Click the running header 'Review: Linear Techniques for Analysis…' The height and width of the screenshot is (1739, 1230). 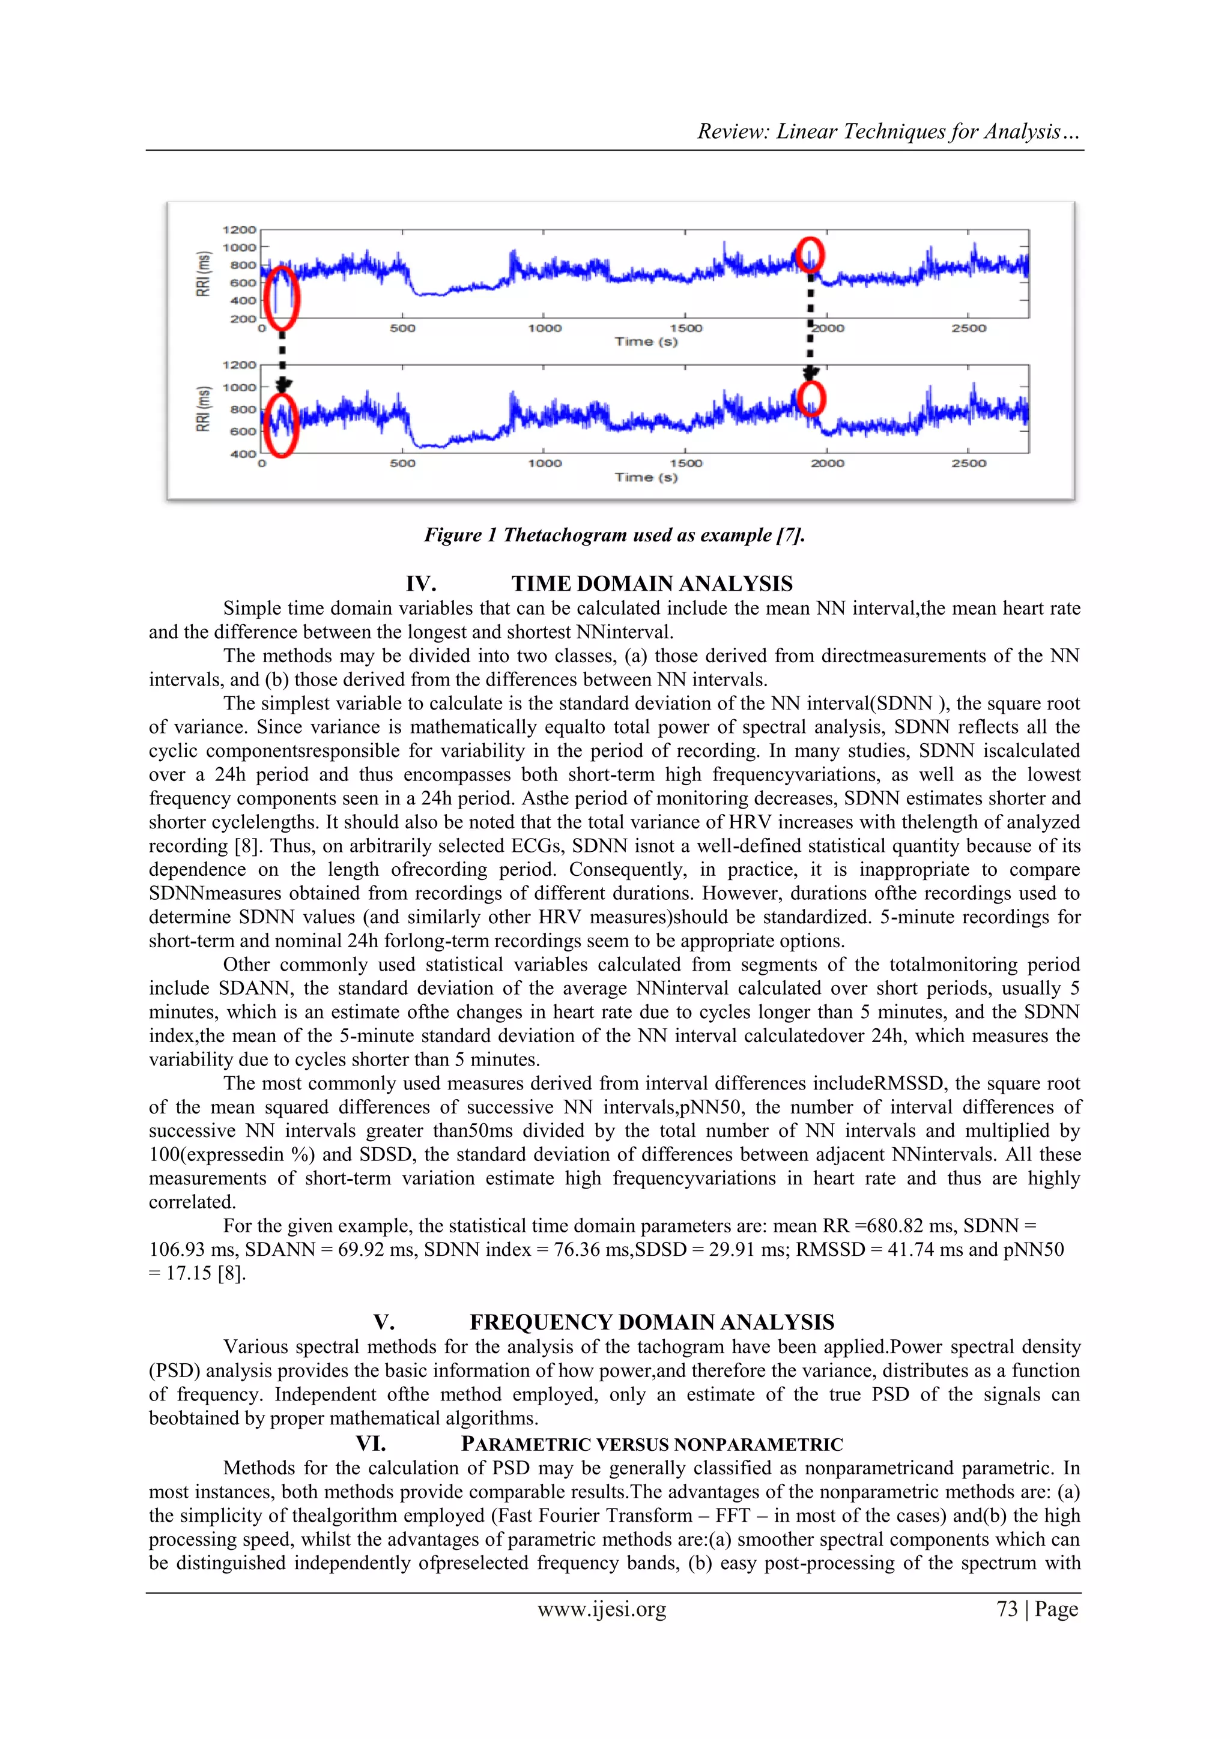[888, 132]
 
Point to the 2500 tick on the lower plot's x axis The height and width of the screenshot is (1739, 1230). [969, 463]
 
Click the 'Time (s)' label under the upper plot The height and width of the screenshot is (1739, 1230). [646, 342]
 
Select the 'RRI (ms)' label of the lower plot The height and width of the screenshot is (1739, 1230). [202, 409]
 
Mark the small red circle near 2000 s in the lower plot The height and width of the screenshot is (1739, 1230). [811, 399]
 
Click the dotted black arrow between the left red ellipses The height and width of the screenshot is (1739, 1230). [282, 356]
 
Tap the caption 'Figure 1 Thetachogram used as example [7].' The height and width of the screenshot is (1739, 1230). [614, 535]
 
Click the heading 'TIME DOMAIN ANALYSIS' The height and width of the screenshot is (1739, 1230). [652, 584]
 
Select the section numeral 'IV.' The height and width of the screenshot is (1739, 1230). [420, 584]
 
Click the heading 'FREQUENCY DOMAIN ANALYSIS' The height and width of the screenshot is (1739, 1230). [652, 1322]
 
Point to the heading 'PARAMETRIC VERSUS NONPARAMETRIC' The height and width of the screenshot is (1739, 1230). [652, 1444]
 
